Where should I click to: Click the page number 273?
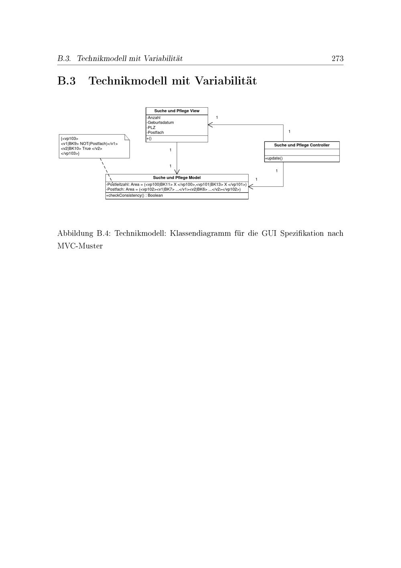pyautogui.click(x=338, y=59)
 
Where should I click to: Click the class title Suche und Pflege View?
pyautogui.click(x=177, y=111)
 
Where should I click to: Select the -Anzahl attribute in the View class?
pyautogui.click(x=154, y=118)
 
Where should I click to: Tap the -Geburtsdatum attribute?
pyautogui.click(x=160, y=123)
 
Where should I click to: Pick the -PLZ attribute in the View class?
pyautogui.click(x=151, y=128)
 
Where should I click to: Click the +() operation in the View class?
pyautogui.click(x=149, y=139)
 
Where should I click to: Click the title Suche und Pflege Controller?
pyautogui.click(x=302, y=145)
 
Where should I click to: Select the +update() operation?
pyautogui.click(x=273, y=158)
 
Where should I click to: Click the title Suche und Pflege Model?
pyautogui.click(x=177, y=178)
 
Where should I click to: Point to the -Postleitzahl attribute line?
pyautogui.click(x=176, y=184)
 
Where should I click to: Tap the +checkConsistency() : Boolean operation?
pyautogui.click(x=134, y=195)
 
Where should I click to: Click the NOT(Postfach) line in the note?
pyautogui.click(x=89, y=143)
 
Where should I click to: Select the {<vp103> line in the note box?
pyautogui.click(x=70, y=139)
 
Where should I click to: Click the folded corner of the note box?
pyautogui.click(x=127, y=137)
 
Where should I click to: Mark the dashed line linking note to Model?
pyautogui.click(x=106, y=170)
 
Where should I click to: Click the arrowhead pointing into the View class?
pyautogui.click(x=210, y=125)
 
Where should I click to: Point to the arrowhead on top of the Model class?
pyautogui.click(x=177, y=172)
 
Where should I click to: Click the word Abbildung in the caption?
pyautogui.click(x=75, y=233)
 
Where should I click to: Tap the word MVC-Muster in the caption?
pyautogui.click(x=80, y=246)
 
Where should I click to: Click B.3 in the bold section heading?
pyautogui.click(x=67, y=81)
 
